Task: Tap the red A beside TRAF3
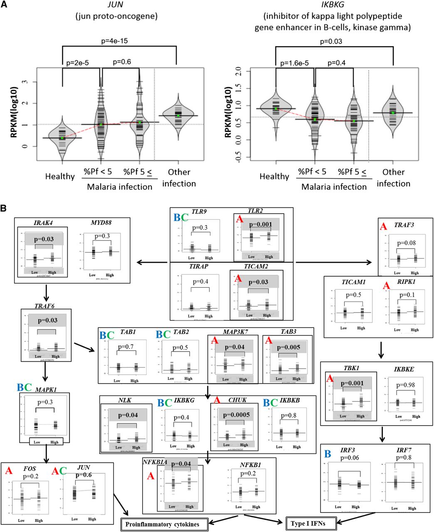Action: tap(384, 227)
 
